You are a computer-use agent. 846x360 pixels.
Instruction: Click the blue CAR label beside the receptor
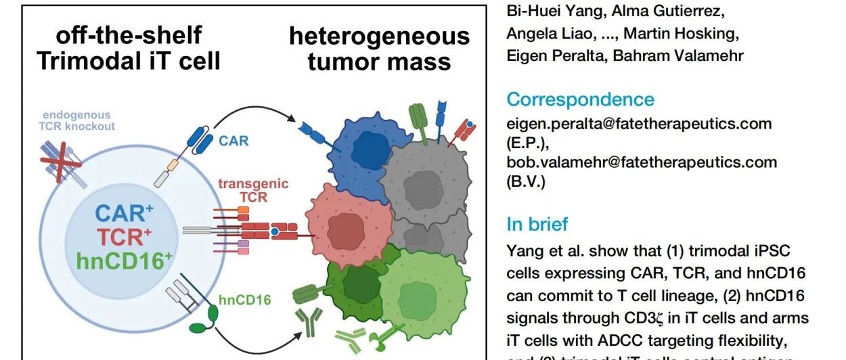(x=234, y=141)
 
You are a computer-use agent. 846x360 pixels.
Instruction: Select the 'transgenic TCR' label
(x=244, y=190)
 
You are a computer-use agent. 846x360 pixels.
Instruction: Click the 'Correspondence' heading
(x=581, y=99)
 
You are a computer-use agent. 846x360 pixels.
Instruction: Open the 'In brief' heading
(x=538, y=224)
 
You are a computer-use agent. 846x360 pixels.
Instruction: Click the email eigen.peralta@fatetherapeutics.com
(x=640, y=124)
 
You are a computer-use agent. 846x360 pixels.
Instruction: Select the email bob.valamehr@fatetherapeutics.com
(x=642, y=162)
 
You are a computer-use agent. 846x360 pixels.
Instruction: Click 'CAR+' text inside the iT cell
(x=120, y=213)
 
